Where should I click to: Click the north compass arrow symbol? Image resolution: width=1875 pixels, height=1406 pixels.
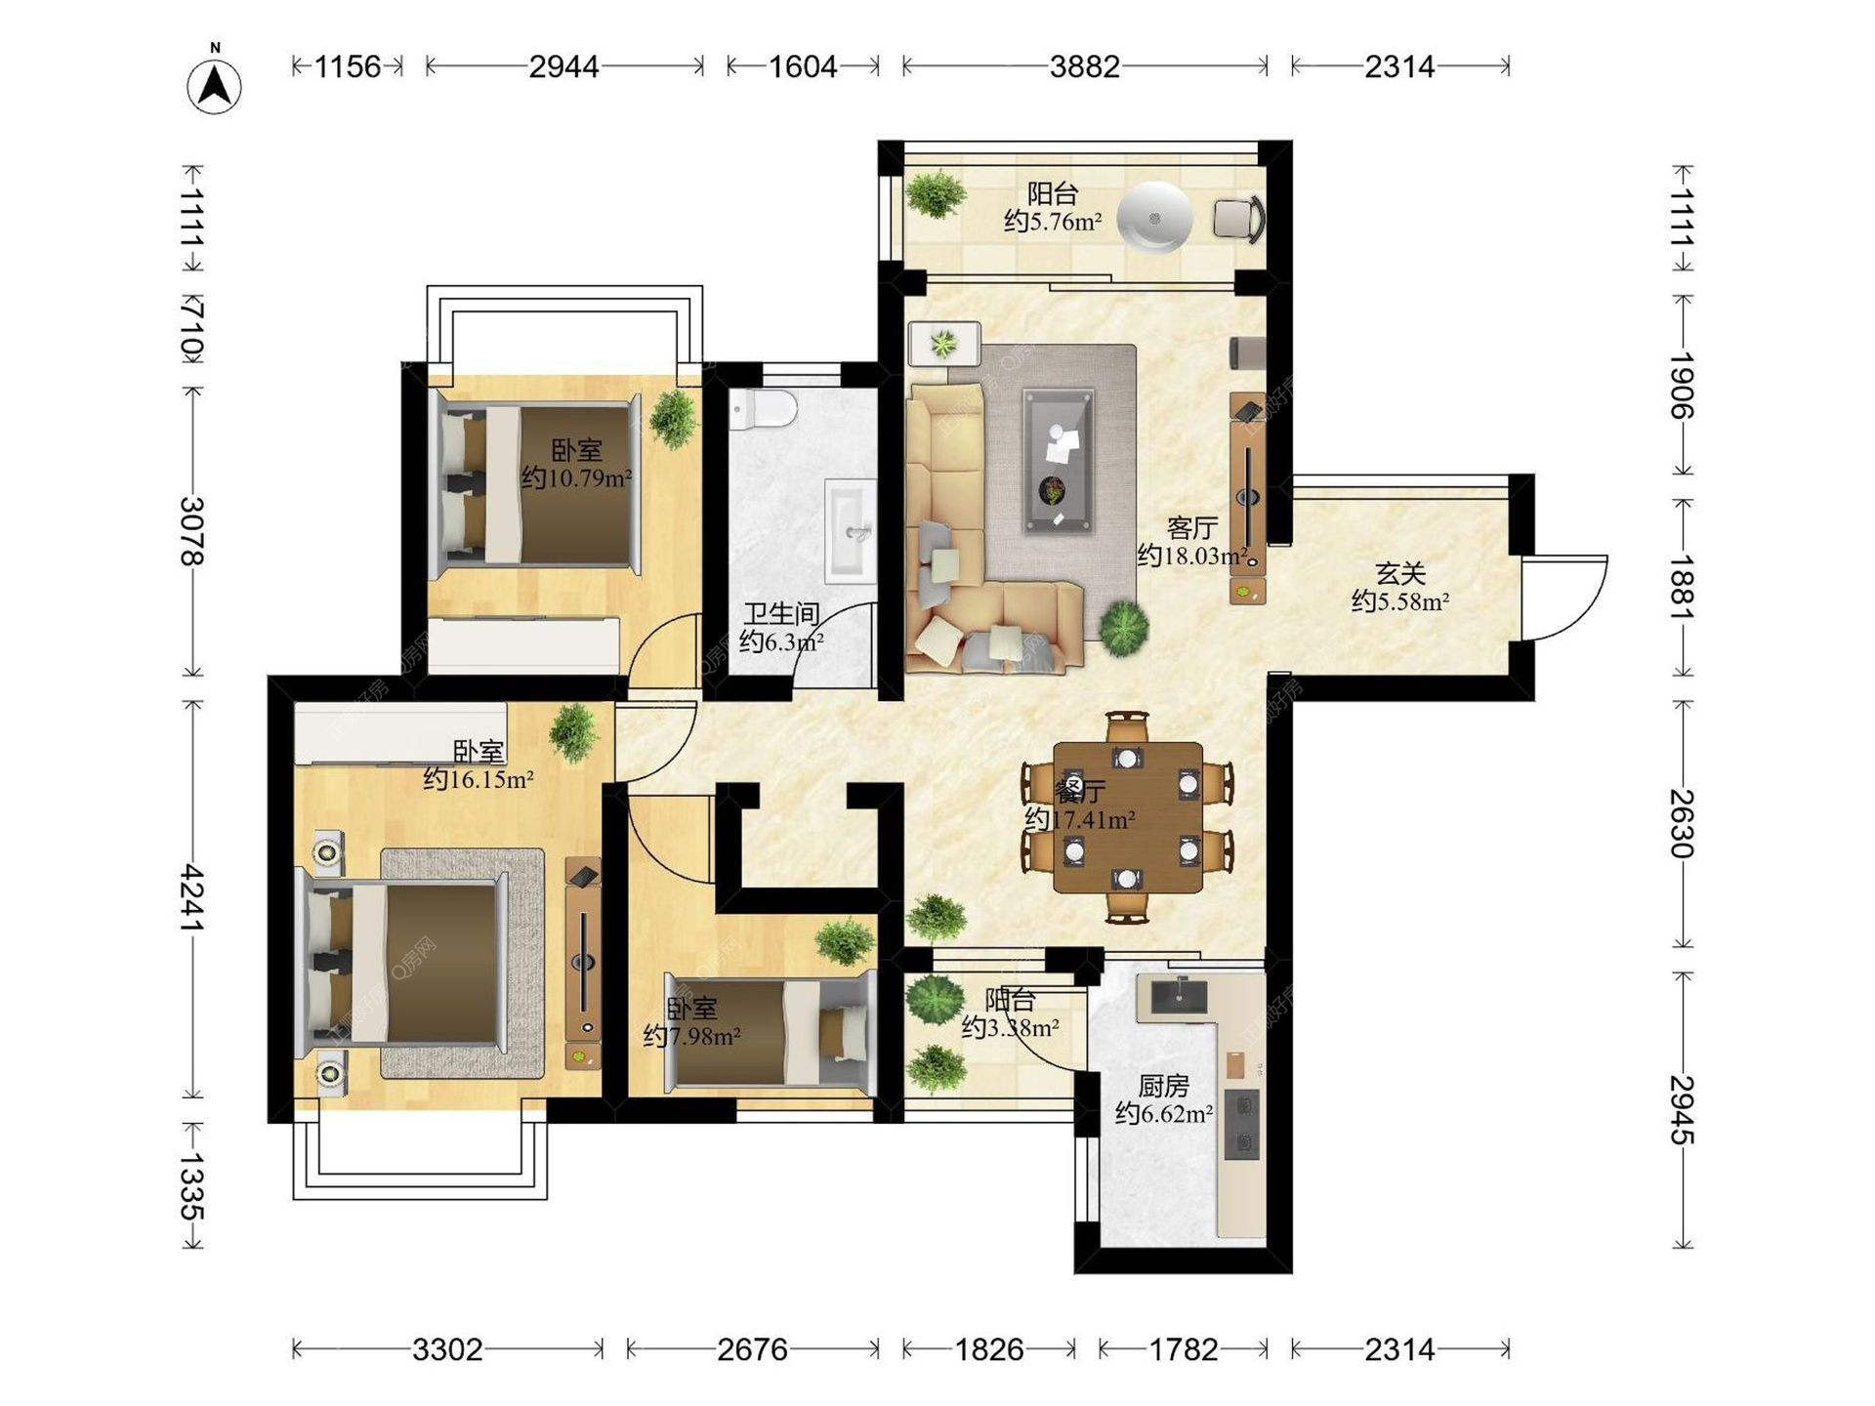pos(215,86)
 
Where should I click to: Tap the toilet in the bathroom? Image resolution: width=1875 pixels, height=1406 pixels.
pos(762,409)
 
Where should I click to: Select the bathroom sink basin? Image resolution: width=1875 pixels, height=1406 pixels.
pos(851,531)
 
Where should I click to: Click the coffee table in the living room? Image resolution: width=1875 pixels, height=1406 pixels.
pos(1058,460)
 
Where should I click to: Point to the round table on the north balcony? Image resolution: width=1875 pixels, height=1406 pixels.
pos(1154,218)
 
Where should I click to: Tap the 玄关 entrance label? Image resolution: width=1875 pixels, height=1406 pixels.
pos(1400,573)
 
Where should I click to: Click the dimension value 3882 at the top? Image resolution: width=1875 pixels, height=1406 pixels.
pos(1084,66)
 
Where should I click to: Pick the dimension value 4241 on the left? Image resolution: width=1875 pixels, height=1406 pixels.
pos(191,897)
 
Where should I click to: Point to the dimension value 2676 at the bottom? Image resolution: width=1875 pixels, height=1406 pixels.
pos(752,1349)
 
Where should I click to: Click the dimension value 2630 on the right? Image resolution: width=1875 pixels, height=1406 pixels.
pos(1682,823)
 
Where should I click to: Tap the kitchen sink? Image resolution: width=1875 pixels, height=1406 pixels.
pos(1180,995)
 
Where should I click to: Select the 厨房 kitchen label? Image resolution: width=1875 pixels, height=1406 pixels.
pos(1163,1086)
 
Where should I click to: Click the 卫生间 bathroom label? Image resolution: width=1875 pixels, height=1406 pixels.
pos(781,613)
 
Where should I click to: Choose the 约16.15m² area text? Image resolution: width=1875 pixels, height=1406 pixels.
pos(479,779)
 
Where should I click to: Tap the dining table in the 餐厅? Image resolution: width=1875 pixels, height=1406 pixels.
pos(1128,817)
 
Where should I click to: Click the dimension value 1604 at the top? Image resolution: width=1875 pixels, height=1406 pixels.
pos(803,66)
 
